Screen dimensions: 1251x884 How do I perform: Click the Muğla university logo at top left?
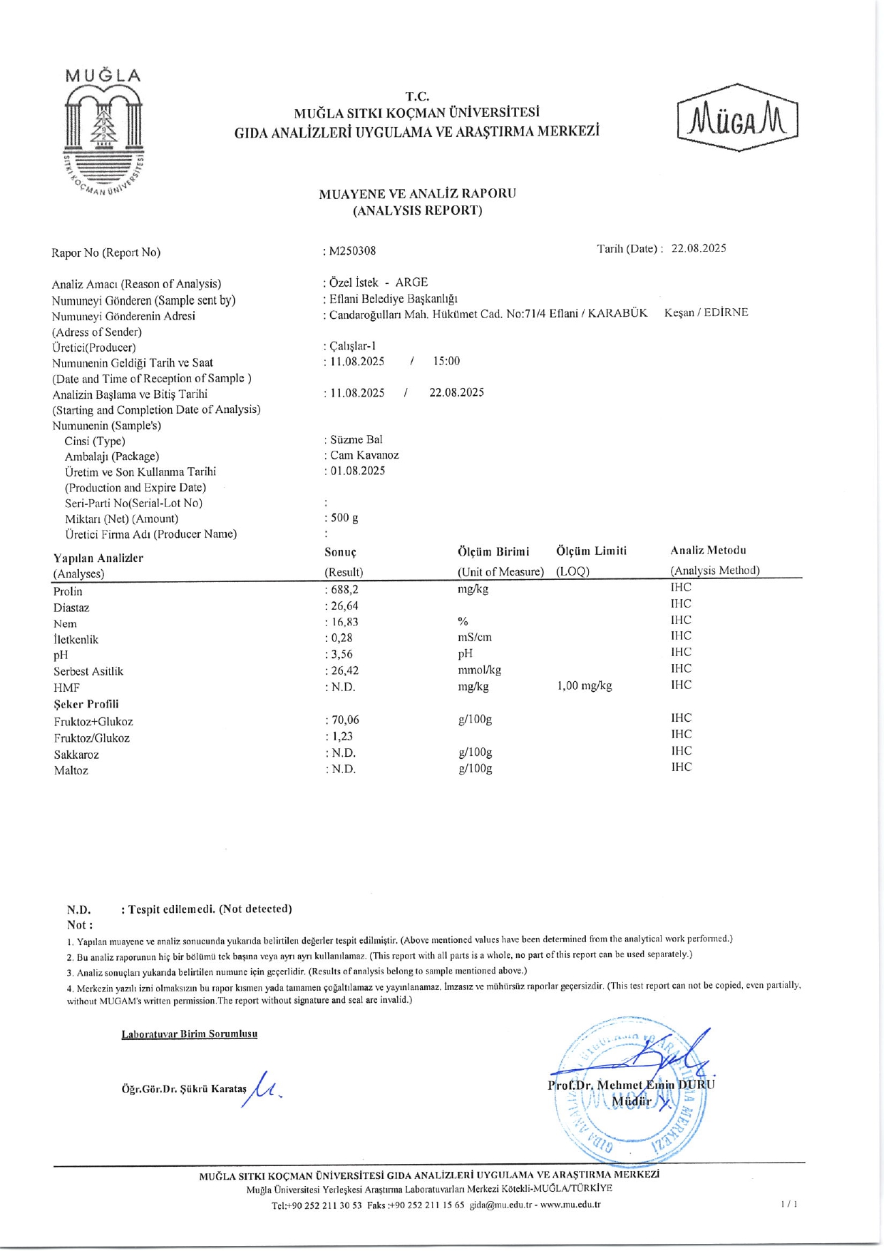(x=104, y=133)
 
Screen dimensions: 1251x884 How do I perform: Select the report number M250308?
(x=352, y=251)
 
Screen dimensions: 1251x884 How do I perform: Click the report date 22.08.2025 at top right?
(x=698, y=248)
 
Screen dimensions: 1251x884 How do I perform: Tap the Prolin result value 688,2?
(x=344, y=590)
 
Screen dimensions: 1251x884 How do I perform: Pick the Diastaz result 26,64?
(x=344, y=606)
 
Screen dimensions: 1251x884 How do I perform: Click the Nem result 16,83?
(x=344, y=622)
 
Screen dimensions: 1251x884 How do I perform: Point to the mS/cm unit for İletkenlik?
(x=475, y=638)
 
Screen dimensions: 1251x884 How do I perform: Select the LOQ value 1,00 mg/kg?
(x=584, y=686)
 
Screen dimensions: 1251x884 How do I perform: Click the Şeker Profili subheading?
(x=86, y=704)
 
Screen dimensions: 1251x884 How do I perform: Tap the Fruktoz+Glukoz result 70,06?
(x=345, y=720)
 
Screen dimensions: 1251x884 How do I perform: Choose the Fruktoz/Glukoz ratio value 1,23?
(x=342, y=737)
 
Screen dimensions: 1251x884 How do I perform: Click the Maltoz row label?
(x=71, y=770)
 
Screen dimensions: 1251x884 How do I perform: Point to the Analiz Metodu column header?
(x=708, y=551)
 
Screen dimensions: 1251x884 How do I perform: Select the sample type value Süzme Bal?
(x=356, y=439)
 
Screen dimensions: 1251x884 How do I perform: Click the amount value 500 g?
(x=344, y=518)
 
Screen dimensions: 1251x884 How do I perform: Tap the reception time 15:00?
(x=446, y=361)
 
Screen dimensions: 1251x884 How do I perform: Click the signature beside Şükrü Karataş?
(x=264, y=1089)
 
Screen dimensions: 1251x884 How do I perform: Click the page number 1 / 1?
(x=788, y=1205)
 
